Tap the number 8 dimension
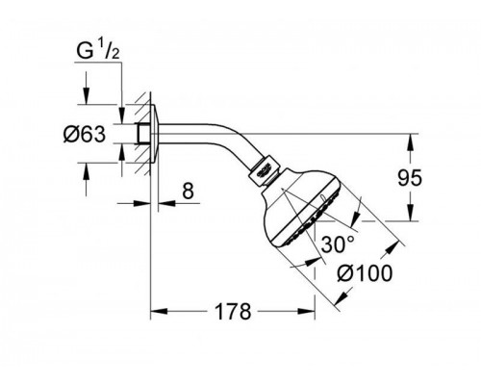click(189, 192)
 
